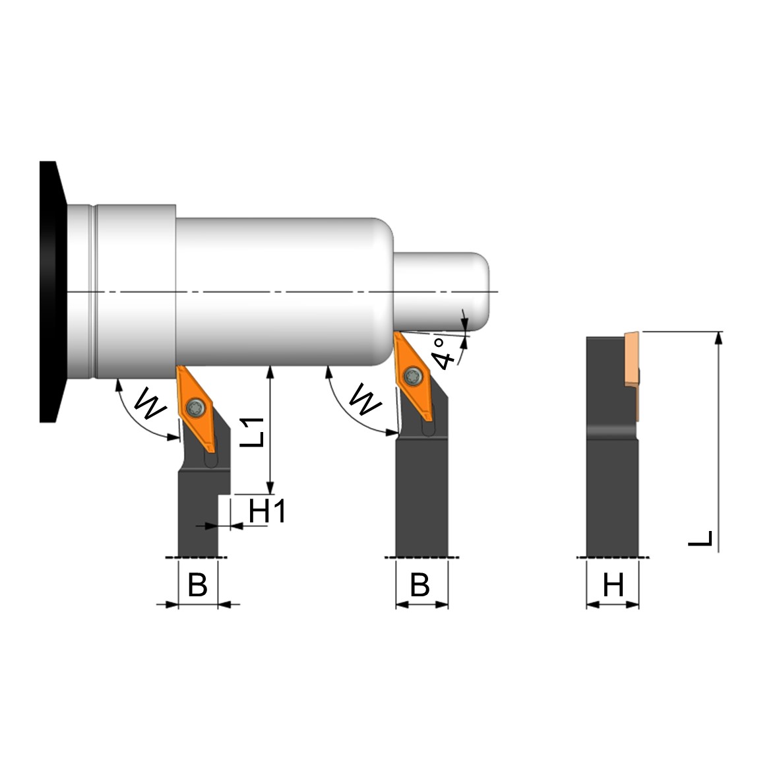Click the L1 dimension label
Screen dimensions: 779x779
253,432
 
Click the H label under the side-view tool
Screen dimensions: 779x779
613,585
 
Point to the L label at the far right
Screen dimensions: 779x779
701,538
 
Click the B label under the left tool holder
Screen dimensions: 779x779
197,585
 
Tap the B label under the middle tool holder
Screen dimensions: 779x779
420,585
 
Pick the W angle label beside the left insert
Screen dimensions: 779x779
150,402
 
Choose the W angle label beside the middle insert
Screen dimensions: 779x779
365,398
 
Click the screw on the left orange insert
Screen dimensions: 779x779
195,408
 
